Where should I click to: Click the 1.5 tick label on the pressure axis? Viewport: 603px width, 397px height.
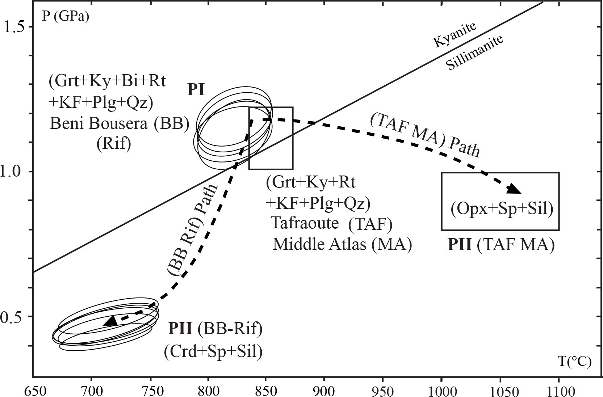(14, 28)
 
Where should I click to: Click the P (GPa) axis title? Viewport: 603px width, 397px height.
(66, 17)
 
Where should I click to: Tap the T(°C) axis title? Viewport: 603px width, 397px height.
(575, 362)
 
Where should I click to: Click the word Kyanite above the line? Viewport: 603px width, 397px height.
(455, 35)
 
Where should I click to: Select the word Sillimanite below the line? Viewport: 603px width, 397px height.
(474, 53)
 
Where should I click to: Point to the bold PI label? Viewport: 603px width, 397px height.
(196, 90)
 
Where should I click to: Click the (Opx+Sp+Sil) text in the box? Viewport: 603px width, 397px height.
(502, 208)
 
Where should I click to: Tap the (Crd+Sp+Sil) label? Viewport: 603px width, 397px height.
(213, 351)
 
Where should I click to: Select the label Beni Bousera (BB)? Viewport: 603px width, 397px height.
(120, 124)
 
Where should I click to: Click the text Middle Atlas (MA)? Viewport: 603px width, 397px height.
(342, 244)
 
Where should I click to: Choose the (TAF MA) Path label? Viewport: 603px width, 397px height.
(425, 136)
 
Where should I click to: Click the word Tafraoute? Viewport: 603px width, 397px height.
(305, 223)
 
